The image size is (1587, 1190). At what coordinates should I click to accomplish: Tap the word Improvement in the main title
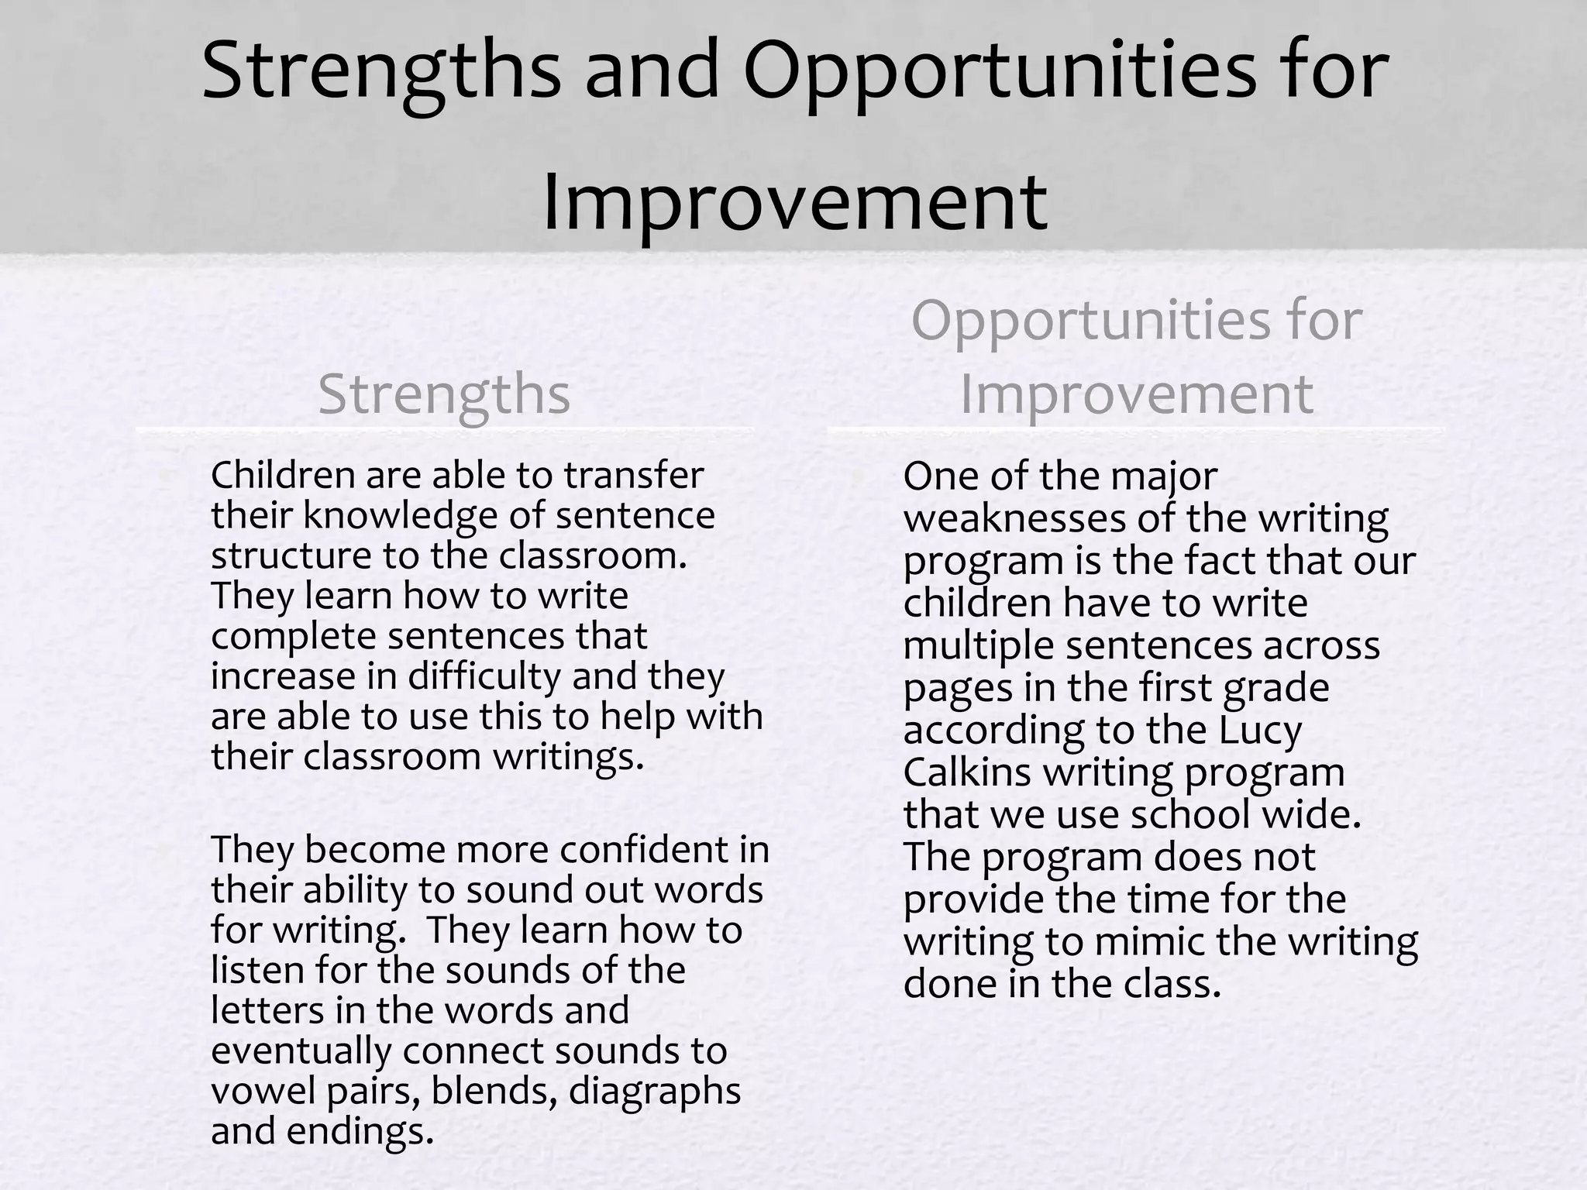tap(795, 203)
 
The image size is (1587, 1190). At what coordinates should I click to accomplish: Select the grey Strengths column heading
tap(444, 394)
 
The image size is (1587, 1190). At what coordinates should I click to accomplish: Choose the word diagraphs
tap(655, 1092)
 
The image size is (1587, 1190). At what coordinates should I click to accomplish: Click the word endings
tap(359, 1132)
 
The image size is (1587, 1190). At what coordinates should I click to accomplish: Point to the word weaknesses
tap(1014, 519)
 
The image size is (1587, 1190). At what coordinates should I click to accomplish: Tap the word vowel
tap(262, 1092)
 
